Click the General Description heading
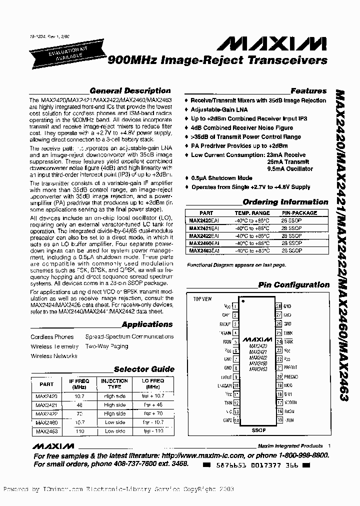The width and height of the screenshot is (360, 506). [x=129, y=91]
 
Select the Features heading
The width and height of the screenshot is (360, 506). [x=308, y=91]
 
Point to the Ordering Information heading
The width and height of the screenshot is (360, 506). [x=285, y=202]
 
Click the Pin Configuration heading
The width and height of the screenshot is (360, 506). [x=293, y=285]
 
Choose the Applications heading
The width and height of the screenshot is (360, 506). [x=147, y=324]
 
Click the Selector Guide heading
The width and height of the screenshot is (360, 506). [x=144, y=369]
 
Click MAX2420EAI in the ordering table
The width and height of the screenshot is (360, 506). [x=202, y=220]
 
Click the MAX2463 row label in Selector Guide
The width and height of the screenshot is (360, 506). [x=46, y=431]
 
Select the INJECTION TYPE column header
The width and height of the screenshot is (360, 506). [x=114, y=383]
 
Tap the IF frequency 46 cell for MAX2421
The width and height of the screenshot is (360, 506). [x=79, y=404]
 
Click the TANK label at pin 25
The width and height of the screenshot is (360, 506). [x=288, y=332]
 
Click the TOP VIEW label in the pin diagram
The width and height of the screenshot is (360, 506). [x=202, y=298]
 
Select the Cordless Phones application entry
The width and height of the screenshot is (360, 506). [x=52, y=337]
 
